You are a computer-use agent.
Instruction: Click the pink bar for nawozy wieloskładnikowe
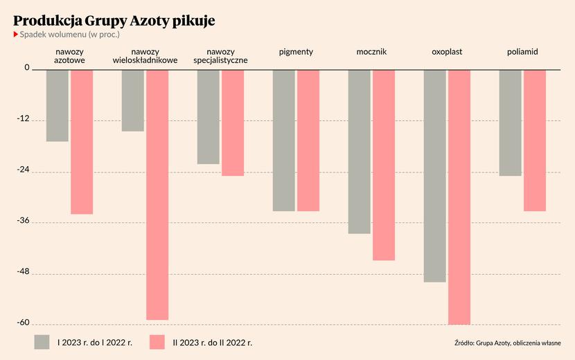tap(157, 195)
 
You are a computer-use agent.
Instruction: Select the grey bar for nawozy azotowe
tap(57, 105)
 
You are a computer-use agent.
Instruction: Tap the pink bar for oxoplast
tap(459, 197)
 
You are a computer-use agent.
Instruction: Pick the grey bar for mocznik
tap(359, 152)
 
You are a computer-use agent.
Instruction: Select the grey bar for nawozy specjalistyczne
tap(208, 116)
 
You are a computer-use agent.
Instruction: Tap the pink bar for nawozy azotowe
tap(82, 142)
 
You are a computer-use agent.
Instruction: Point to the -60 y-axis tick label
tap(24, 323)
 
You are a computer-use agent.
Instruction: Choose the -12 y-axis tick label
tap(24, 119)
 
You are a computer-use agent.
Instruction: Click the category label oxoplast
tap(447, 52)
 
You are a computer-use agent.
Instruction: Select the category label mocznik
tap(371, 52)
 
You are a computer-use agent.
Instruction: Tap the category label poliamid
tap(522, 52)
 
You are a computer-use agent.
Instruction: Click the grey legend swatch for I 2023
tap(42, 341)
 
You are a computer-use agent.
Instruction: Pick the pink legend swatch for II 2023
tap(157, 341)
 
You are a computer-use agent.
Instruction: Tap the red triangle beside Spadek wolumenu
tap(16, 34)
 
